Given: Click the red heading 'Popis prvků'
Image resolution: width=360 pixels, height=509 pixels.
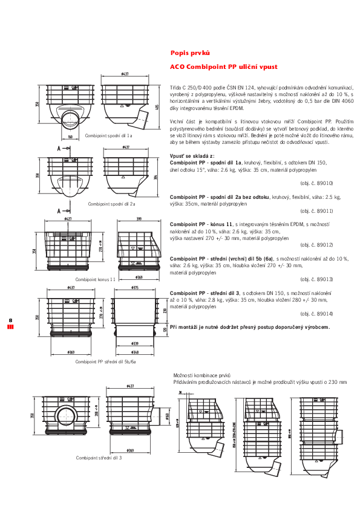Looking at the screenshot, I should tap(191, 53).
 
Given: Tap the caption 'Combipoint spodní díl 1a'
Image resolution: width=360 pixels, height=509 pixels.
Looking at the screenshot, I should tap(109, 136).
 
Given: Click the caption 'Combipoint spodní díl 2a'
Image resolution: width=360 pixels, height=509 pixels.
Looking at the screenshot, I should tap(111, 204).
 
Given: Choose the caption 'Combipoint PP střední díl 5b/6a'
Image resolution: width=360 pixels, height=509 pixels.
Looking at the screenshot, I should tap(105, 361).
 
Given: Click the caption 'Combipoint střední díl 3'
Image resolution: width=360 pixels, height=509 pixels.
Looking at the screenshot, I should tap(99, 458).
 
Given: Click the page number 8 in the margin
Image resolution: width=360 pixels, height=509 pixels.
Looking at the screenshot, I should tap(10, 320).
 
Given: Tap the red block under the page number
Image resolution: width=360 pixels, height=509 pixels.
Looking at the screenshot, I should tap(10, 327).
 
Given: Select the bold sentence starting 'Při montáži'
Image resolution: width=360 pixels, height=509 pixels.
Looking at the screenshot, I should tap(250, 326).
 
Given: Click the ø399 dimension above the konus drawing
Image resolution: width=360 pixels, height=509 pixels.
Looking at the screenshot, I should tap(139, 219).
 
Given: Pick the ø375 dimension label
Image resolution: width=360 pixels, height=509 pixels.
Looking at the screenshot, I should tap(136, 288).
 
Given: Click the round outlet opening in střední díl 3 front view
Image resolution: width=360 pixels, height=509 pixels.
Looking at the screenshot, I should tap(63, 416).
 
